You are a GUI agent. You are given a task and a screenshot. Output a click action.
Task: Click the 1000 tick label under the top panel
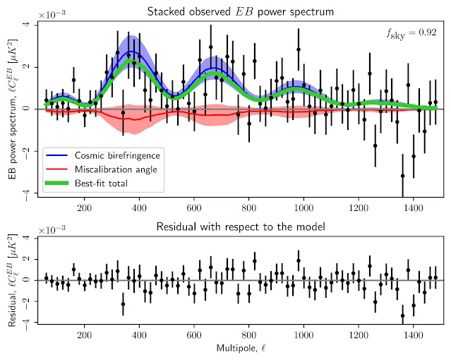304,208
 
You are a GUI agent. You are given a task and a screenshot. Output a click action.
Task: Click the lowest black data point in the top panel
402,176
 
